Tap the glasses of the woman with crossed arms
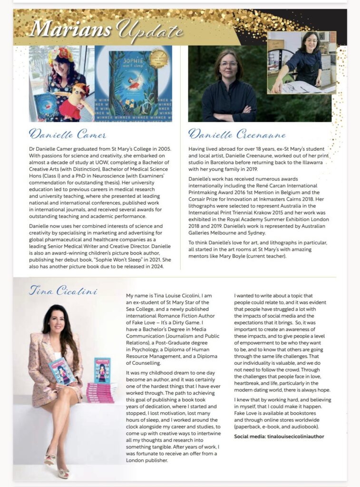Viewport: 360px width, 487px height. click(x=228, y=64)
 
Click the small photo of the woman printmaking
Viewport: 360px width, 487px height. click(x=302, y=62)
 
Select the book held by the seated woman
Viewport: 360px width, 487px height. click(x=61, y=370)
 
